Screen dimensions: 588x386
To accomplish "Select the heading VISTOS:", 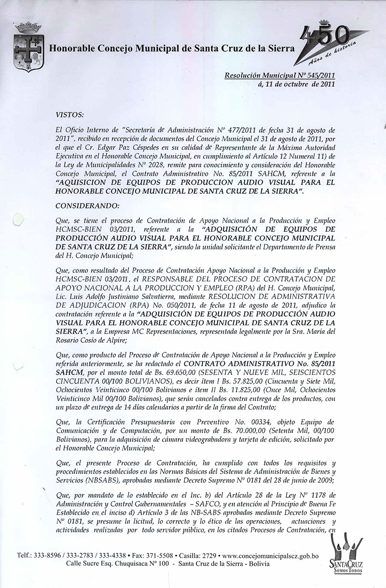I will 70,115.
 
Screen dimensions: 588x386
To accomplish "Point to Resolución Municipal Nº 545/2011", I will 280,76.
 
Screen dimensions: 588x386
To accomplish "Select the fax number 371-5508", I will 181,555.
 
